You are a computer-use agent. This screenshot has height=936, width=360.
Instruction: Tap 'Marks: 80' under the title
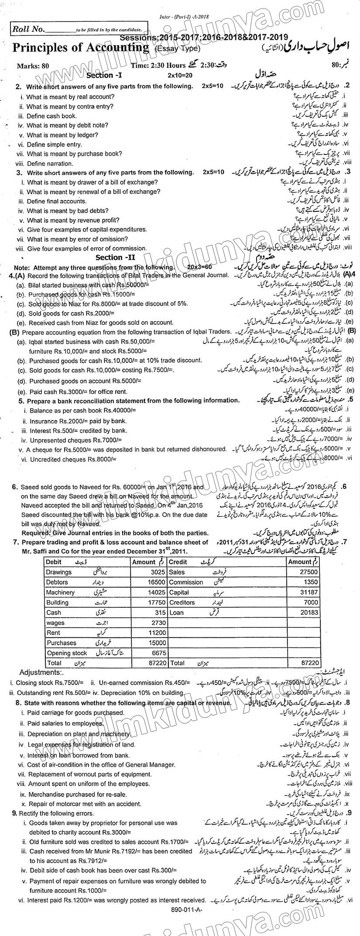click(33, 66)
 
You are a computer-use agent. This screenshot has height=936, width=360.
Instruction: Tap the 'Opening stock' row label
click(67, 653)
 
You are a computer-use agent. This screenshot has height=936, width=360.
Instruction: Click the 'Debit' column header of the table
click(54, 562)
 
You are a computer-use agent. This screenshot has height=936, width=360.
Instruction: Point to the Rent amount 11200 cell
click(156, 633)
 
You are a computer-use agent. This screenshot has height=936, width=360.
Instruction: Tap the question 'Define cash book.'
click(51, 116)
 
